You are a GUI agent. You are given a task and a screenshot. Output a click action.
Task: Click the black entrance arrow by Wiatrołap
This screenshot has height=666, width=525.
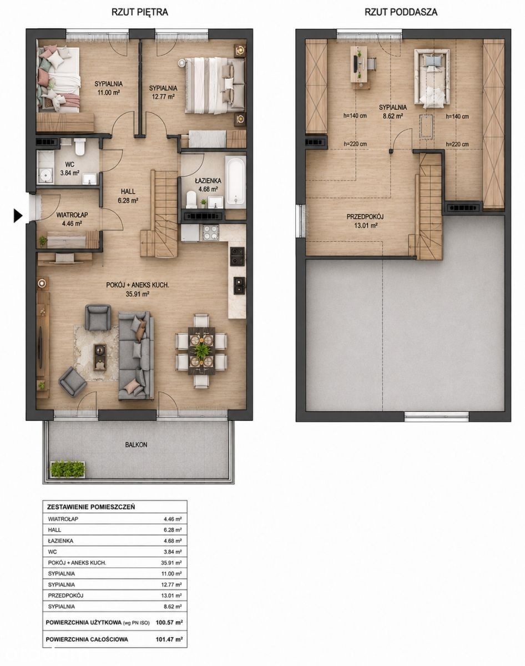(x=18, y=215)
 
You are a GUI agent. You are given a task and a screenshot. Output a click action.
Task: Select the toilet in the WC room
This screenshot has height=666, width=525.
(x=79, y=147)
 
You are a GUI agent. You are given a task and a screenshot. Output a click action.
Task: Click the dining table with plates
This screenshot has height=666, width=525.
(x=201, y=351)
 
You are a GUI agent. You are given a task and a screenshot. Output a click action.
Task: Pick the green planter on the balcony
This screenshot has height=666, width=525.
(x=68, y=469)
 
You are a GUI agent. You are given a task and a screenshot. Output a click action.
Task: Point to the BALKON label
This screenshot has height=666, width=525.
(x=136, y=445)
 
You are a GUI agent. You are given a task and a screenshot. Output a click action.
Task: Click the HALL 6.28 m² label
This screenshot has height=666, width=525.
(x=128, y=196)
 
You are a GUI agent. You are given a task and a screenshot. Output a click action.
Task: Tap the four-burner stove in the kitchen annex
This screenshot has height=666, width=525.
(x=210, y=233)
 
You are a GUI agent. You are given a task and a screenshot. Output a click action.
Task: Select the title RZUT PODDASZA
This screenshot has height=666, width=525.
(x=401, y=12)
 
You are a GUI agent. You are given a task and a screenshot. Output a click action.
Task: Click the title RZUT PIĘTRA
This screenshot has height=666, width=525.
(x=140, y=12)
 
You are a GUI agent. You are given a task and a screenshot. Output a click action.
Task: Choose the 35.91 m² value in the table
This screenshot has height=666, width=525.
(x=171, y=563)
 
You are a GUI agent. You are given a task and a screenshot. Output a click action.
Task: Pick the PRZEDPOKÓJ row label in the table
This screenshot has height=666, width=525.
(x=65, y=596)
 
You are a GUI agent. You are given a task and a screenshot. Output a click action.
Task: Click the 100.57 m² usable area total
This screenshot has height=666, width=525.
(x=169, y=622)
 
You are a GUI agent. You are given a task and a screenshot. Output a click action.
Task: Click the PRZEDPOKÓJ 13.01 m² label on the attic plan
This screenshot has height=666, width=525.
(x=365, y=221)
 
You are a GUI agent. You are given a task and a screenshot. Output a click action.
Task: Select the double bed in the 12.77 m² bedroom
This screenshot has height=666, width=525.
(x=215, y=85)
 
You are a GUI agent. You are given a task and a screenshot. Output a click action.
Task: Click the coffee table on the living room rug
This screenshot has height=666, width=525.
(x=100, y=357)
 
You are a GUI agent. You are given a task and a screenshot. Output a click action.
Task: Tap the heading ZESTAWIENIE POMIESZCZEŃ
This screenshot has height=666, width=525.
(x=91, y=507)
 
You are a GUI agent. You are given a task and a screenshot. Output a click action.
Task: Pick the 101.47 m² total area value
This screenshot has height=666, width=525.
(x=169, y=639)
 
